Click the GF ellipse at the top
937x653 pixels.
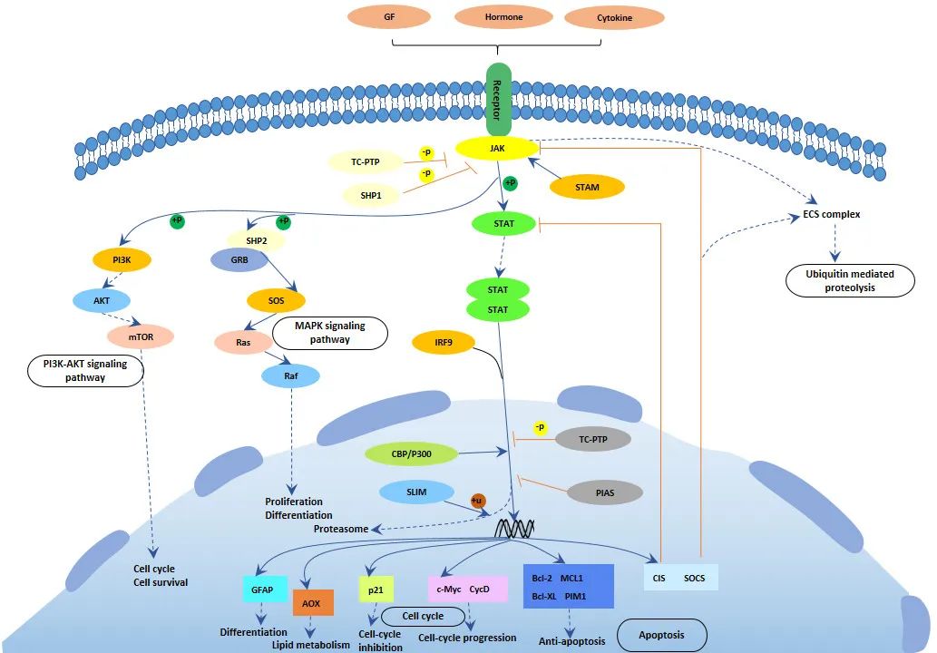(390, 17)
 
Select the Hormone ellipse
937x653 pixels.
(502, 17)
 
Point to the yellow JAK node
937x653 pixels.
(497, 147)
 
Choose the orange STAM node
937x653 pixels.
(587, 188)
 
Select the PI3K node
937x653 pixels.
(121, 260)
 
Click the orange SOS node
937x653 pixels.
(276, 299)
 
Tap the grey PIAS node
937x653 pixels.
(605, 493)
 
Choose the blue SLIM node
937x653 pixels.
(416, 492)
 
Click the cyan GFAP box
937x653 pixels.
(264, 590)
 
